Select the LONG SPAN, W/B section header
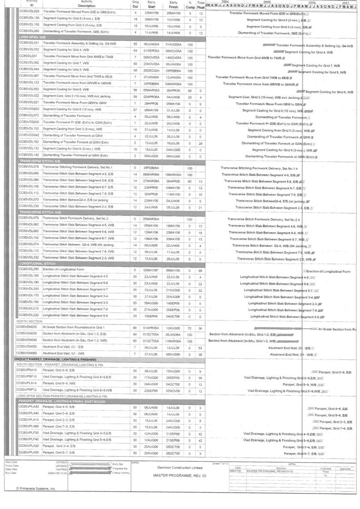pos(32,36)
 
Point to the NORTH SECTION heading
pos(30,321)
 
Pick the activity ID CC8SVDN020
pos(27,327)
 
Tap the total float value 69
pos(200,270)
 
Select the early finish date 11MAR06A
pos(173,340)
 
